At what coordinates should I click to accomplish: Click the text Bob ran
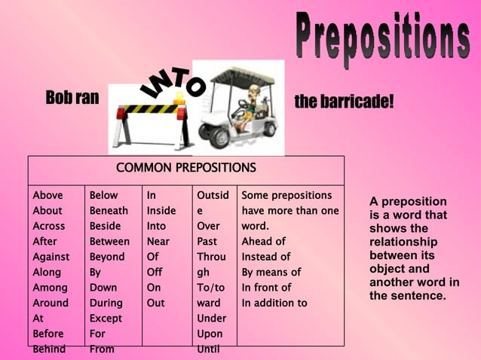pyautogui.click(x=72, y=98)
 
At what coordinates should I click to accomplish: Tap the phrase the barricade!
pyautogui.click(x=344, y=101)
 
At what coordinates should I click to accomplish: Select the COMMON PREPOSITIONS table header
pyautogui.click(x=185, y=168)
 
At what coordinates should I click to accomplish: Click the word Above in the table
pyautogui.click(x=47, y=195)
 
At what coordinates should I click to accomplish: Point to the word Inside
pyautogui.click(x=161, y=211)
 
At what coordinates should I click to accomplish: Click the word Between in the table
pyautogui.click(x=109, y=242)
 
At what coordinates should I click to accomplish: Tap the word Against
pyautogui.click(x=51, y=257)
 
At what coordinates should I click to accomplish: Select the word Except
pyautogui.click(x=106, y=319)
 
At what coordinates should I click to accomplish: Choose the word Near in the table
pyautogui.click(x=158, y=242)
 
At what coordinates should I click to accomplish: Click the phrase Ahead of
pyautogui.click(x=263, y=242)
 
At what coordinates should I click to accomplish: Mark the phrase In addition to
pyautogui.click(x=274, y=303)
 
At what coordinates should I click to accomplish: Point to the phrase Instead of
pyautogui.click(x=265, y=257)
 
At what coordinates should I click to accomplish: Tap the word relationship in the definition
pyautogui.click(x=403, y=242)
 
